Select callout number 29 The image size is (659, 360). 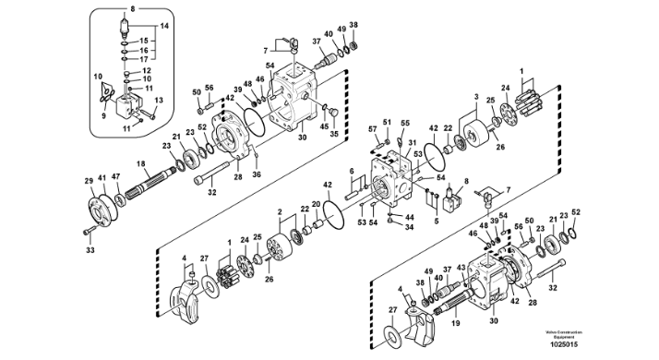90,181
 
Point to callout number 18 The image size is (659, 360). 142,164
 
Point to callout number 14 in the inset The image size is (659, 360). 167,27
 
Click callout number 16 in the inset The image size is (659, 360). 143,51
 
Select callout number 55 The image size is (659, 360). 405,122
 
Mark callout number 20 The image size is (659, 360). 316,203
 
